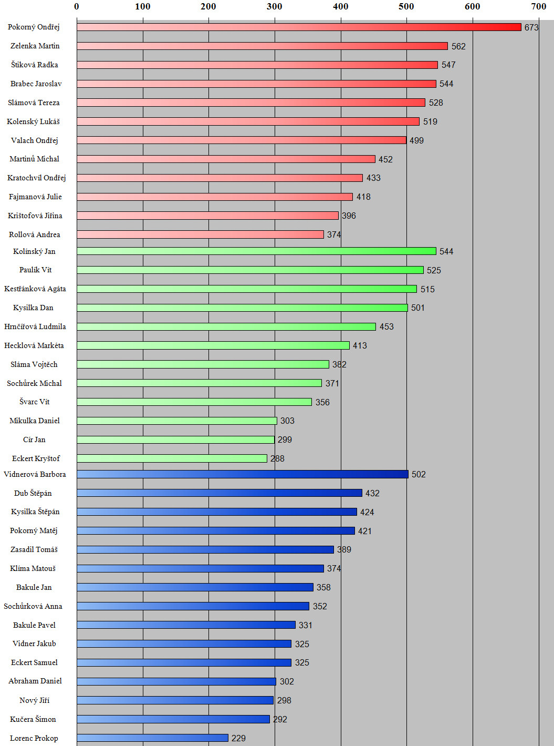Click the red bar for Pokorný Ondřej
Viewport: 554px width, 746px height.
coord(299,27)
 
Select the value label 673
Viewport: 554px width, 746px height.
coord(531,27)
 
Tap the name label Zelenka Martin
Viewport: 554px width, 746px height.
coord(35,46)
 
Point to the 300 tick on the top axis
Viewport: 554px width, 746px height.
coord(275,6)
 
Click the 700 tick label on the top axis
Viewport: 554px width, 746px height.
coord(538,6)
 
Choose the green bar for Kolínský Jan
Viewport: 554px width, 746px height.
coord(256,251)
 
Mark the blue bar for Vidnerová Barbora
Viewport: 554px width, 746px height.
coord(242,474)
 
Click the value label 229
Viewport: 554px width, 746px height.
coord(238,738)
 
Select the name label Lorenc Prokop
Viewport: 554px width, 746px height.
coord(34,738)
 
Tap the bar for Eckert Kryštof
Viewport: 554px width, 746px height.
coord(172,458)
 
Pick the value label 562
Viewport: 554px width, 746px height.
coord(458,46)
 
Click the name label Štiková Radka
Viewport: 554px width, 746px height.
coord(35,65)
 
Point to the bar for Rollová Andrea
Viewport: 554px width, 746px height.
coord(200,234)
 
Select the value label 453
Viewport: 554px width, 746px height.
coord(386,326)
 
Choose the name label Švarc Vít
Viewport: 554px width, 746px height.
coord(35,402)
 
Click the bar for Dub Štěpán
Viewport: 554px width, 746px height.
coord(219,493)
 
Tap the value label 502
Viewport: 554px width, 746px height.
coord(419,474)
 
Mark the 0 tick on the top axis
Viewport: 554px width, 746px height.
coord(77,6)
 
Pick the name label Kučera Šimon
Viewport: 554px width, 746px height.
coord(33,719)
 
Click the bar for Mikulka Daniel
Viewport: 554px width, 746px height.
coord(176,421)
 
